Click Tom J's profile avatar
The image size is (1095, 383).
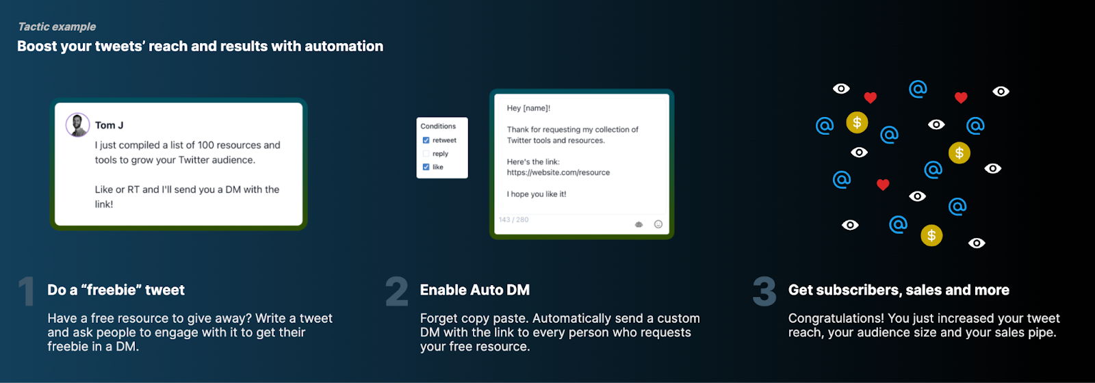[77, 125]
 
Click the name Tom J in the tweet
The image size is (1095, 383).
[109, 125]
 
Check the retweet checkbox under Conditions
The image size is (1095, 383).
[426, 140]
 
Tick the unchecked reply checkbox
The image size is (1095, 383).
[426, 154]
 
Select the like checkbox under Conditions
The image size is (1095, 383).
[426, 167]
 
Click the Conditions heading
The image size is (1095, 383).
[438, 127]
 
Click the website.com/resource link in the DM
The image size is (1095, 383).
[558, 172]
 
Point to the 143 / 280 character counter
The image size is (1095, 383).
[513, 220]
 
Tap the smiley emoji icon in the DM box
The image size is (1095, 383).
[658, 224]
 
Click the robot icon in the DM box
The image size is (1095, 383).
[639, 224]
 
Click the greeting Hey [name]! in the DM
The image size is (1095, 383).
[528, 108]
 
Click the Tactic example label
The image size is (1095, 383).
[57, 27]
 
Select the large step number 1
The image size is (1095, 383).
[27, 292]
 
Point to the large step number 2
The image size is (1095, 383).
[397, 292]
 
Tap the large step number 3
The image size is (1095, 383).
[764, 292]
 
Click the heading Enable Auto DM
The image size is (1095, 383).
[475, 290]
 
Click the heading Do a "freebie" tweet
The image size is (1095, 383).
[116, 290]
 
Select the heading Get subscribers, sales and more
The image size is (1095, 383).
[899, 290]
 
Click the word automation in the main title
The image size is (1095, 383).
[344, 47]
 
